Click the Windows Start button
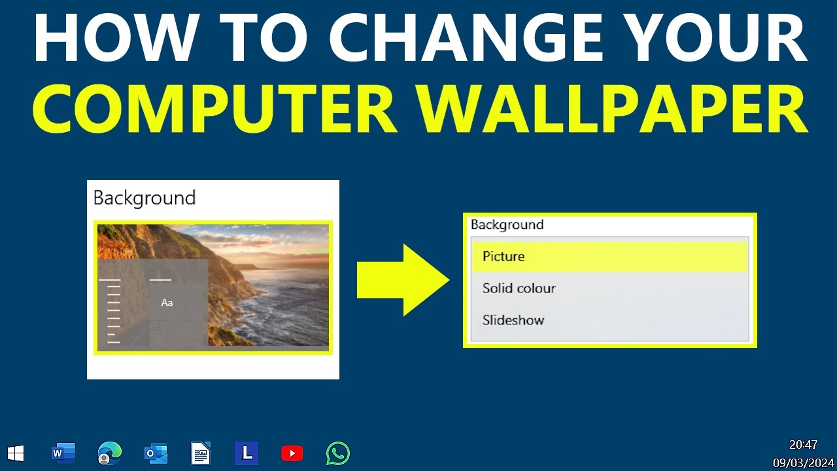click(x=16, y=453)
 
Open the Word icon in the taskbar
click(x=63, y=453)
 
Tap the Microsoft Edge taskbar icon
click(x=109, y=453)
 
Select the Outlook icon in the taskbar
click(x=156, y=453)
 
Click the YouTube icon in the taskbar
click(x=292, y=453)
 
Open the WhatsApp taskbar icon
click(x=338, y=453)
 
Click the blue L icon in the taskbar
click(x=247, y=453)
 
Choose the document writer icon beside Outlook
click(x=201, y=453)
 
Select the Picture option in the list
click(x=504, y=256)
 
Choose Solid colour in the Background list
click(x=519, y=288)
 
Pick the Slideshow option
click(x=513, y=321)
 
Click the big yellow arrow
click(x=403, y=280)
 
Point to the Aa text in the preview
click(x=167, y=303)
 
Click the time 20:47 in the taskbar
click(x=803, y=445)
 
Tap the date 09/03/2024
click(x=803, y=463)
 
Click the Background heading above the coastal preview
click(x=145, y=198)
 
